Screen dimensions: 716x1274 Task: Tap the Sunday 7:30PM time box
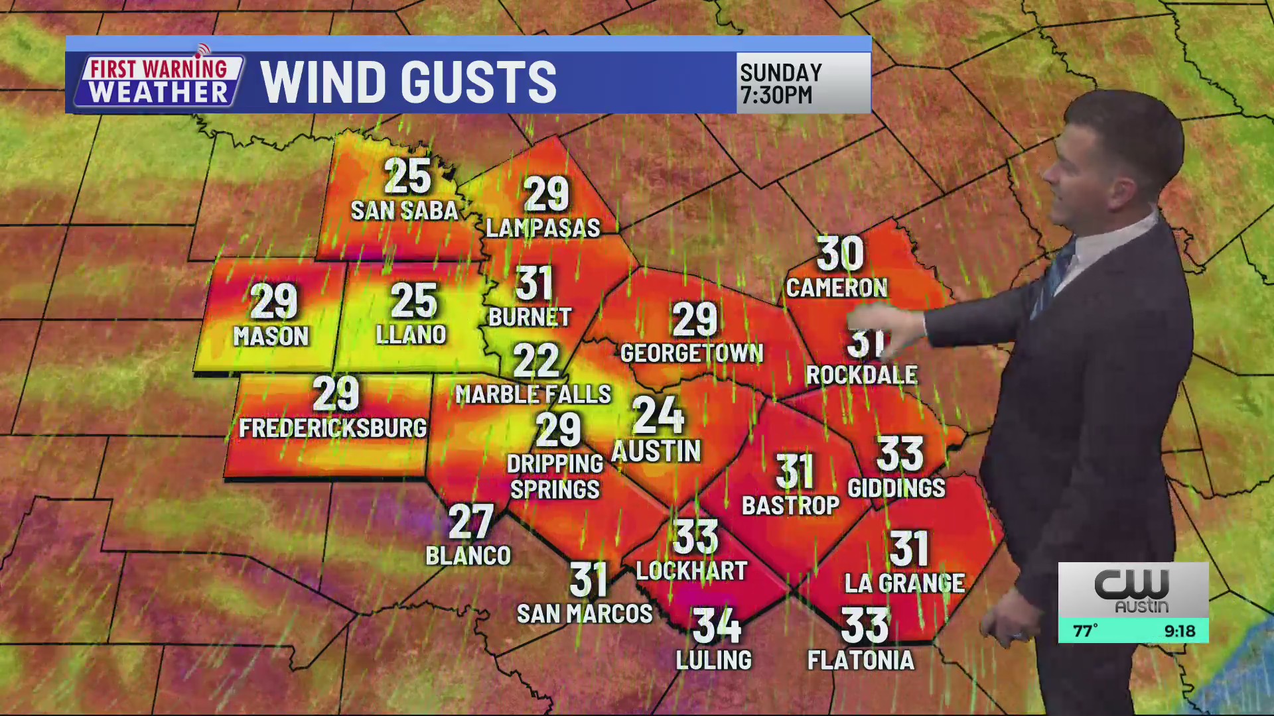[x=803, y=84]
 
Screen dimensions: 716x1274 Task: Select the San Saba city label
[x=404, y=211]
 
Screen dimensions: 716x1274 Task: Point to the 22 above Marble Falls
[x=536, y=361]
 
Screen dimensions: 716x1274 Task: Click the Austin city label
[x=656, y=451]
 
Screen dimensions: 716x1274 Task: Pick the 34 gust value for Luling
[x=717, y=625]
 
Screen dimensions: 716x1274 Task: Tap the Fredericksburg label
[x=332, y=428]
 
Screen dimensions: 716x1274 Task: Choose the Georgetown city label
[x=691, y=353]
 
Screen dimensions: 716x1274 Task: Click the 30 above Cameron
[x=840, y=253]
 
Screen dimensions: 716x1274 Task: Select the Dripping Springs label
[x=555, y=477]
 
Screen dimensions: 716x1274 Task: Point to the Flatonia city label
[x=861, y=660]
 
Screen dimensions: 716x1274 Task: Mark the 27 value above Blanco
[x=470, y=522]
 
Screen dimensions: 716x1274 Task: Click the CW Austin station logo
[x=1133, y=590]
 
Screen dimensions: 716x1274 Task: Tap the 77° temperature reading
[x=1086, y=631]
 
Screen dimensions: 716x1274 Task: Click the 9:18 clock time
[x=1179, y=631]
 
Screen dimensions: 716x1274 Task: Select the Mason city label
[x=271, y=337]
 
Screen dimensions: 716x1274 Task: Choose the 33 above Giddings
[x=900, y=453]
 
